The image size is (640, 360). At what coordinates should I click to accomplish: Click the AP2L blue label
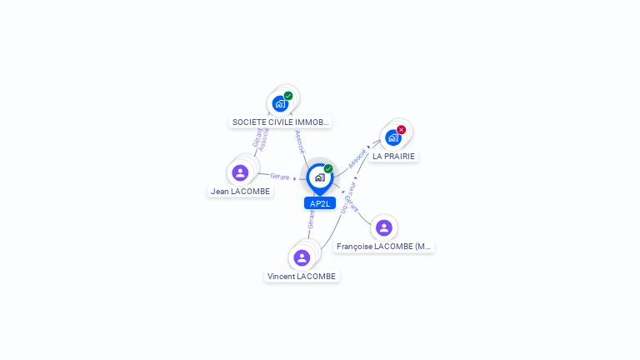[x=320, y=203]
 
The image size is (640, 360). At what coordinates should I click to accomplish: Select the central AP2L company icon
[x=319, y=177]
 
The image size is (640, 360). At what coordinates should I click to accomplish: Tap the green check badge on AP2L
[x=328, y=168]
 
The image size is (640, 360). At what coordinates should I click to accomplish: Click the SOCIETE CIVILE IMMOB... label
[x=280, y=122]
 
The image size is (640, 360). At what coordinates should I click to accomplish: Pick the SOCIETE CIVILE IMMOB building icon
[x=280, y=104]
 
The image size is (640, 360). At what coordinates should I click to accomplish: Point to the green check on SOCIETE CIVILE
[x=288, y=96]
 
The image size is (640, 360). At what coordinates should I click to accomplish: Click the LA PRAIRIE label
[x=393, y=156]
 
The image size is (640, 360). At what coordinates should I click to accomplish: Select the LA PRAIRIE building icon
[x=393, y=137]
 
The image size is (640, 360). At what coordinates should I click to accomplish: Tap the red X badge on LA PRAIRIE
[x=402, y=130]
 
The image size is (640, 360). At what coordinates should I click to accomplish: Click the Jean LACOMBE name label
[x=240, y=191]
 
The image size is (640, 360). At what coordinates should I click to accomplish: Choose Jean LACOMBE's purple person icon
[x=240, y=172]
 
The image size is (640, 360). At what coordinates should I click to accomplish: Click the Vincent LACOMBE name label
[x=302, y=276]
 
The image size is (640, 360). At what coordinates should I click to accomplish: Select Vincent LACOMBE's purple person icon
[x=302, y=257]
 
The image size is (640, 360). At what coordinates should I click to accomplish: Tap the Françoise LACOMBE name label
[x=384, y=247]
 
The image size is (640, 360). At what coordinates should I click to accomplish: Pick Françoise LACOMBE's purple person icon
[x=383, y=227]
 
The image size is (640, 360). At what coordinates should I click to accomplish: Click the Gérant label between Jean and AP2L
[x=279, y=176]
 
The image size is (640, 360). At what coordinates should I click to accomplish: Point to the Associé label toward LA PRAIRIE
[x=357, y=158]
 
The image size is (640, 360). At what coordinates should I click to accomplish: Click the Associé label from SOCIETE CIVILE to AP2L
[x=300, y=141]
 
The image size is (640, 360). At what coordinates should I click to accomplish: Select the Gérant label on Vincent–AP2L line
[x=311, y=219]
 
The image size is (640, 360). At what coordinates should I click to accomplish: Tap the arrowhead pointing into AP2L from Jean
[x=296, y=178]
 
